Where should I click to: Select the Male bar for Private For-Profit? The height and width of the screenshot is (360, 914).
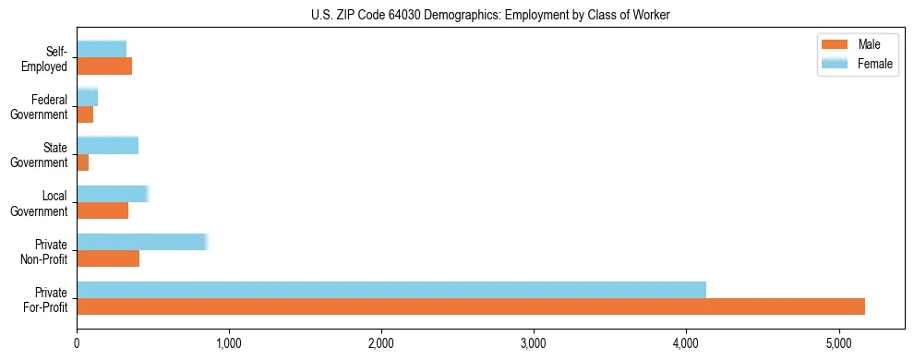(471, 306)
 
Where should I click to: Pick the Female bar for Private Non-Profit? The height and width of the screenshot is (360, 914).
(142, 242)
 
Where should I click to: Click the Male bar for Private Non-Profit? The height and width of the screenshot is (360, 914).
(108, 258)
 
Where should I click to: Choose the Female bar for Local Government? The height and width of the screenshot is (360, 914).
(112, 194)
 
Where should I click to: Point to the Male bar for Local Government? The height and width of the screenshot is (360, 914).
(102, 210)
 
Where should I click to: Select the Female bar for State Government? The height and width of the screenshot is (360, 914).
(107, 145)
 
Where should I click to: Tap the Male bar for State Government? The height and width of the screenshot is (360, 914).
(82, 162)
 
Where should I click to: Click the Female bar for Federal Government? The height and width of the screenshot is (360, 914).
(87, 97)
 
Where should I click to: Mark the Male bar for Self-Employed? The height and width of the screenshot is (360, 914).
(104, 66)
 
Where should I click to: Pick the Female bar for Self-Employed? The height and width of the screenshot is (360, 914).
(102, 49)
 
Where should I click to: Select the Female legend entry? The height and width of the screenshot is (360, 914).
(859, 63)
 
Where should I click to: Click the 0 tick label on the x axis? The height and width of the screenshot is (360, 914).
(77, 343)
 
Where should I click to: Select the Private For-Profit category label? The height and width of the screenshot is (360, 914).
(47, 298)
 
